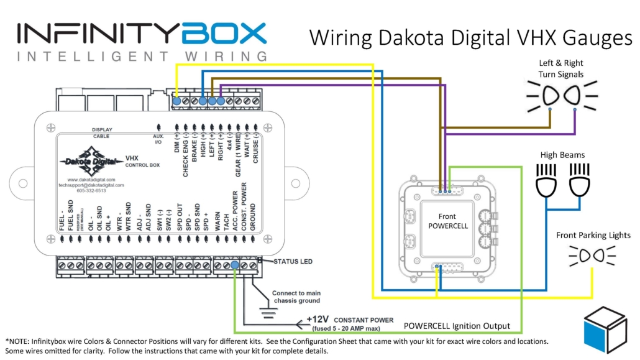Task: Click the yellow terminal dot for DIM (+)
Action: [x=176, y=101]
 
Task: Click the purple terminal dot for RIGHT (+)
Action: [x=221, y=100]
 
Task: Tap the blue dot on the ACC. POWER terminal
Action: [x=234, y=266]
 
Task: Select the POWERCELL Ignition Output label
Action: [x=457, y=326]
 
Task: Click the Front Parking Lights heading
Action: [x=593, y=235]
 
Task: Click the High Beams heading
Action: [x=562, y=154]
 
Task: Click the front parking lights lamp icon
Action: [x=593, y=255]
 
